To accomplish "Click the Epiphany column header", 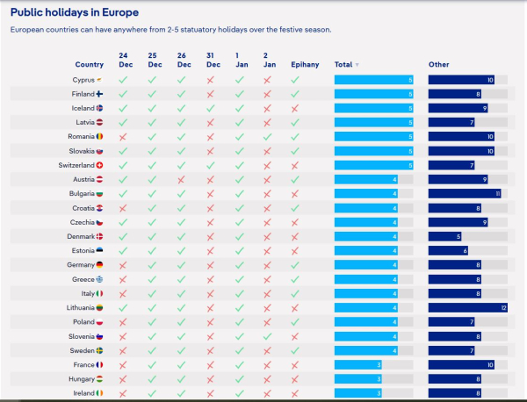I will coord(305,64).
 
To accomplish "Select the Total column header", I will coord(343,65).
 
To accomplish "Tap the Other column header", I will coord(438,65).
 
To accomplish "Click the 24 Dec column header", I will coord(124,60).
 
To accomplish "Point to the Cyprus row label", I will coord(83,80).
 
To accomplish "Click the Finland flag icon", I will coord(100,94).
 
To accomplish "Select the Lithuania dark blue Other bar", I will coord(468,307).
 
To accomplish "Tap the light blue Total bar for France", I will coord(358,364).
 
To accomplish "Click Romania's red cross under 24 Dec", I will coord(123,137).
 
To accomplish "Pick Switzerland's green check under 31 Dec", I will coord(210,165).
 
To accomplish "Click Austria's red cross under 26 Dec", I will coord(182,179).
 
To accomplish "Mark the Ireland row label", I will coord(84,392).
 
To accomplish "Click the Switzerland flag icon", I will coord(100,165).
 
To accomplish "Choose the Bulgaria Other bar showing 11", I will coord(465,193).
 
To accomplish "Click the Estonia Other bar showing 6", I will coord(448,250).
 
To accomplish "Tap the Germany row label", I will coord(81,265).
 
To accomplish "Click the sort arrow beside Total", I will coord(357,65).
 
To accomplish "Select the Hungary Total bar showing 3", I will coord(358,378).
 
